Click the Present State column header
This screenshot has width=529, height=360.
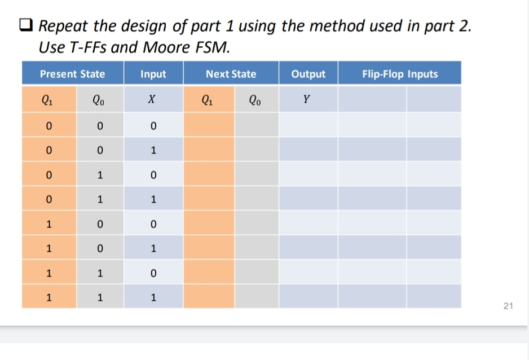coord(72,74)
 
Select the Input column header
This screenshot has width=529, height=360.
coord(153,74)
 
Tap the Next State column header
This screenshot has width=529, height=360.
coord(231,74)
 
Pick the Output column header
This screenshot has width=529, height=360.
coord(308,74)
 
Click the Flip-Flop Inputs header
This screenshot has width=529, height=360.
coord(400,74)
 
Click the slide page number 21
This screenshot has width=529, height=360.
coord(508,306)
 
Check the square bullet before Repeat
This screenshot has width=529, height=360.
coord(26,26)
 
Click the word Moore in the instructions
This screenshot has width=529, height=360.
coord(165,47)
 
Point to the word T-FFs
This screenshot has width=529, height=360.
coord(88,47)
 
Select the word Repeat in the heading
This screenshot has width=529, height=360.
coord(65,27)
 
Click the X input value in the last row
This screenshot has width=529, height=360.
coord(153,297)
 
